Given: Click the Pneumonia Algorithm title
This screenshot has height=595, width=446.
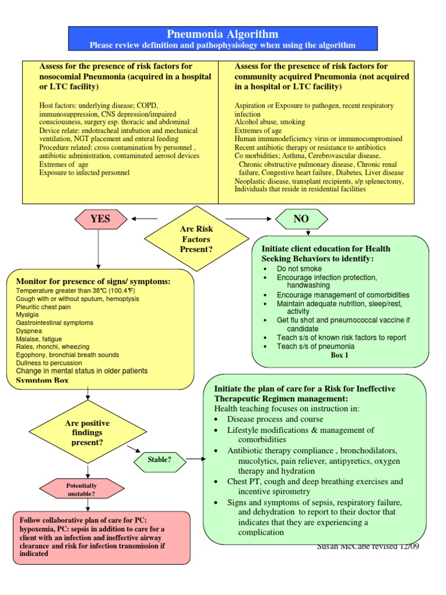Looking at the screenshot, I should (x=223, y=34).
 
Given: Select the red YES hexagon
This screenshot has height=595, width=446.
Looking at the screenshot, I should (x=100, y=219).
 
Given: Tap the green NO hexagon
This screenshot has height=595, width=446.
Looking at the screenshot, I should (x=301, y=219).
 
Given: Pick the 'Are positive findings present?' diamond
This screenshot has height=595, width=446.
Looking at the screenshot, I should (x=87, y=432).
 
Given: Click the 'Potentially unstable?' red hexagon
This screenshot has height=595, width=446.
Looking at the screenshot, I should (x=81, y=489).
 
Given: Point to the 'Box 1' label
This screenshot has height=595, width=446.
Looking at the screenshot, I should (x=340, y=356).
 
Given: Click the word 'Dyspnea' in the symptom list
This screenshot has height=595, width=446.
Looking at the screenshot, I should (x=28, y=331).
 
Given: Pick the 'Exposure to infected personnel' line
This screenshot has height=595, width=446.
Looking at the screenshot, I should (x=84, y=173).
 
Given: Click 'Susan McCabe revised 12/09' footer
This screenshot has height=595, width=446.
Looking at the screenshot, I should (x=368, y=547).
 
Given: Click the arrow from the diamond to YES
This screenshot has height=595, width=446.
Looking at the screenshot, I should (x=145, y=219).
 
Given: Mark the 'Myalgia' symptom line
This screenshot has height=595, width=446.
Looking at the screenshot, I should (x=27, y=314).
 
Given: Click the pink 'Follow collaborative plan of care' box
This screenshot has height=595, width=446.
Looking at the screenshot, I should (x=102, y=537).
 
